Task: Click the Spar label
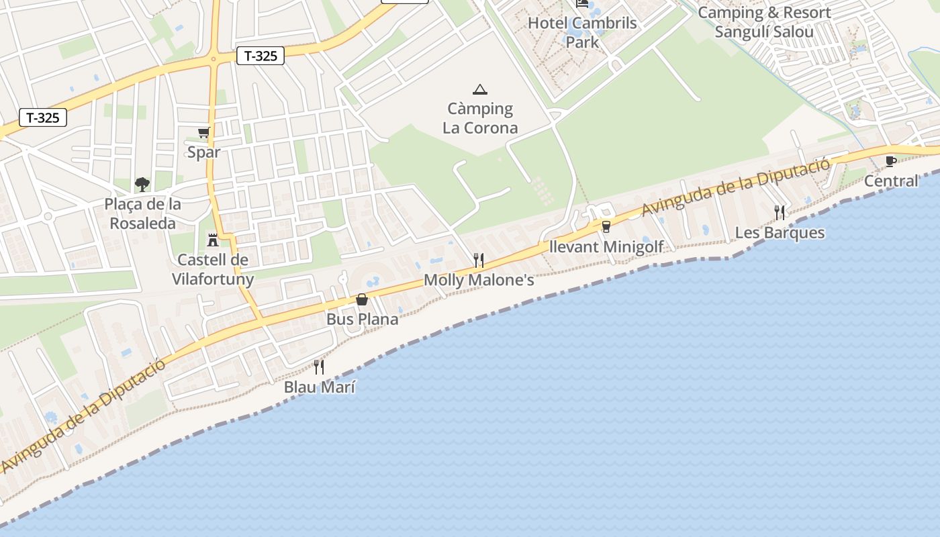click(x=203, y=152)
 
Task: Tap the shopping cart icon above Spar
click(x=203, y=132)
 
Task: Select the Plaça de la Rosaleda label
click(x=142, y=213)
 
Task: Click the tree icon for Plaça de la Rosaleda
click(x=142, y=184)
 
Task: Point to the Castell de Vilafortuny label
click(x=213, y=269)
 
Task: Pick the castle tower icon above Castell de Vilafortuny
click(x=213, y=240)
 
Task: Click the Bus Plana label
click(x=362, y=319)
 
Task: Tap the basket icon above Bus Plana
click(x=362, y=299)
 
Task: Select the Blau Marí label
click(x=319, y=387)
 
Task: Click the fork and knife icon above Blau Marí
click(x=319, y=367)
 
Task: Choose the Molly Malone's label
click(x=479, y=280)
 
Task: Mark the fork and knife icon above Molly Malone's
click(x=479, y=260)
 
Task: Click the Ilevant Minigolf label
click(x=606, y=246)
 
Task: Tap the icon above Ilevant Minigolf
click(x=606, y=227)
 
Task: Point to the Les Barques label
click(x=780, y=233)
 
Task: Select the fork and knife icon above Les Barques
click(x=780, y=213)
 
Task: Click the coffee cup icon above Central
click(x=891, y=161)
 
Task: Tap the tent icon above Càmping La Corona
click(x=479, y=89)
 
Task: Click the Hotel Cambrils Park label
click(x=582, y=32)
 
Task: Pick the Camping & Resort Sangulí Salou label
click(x=764, y=22)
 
